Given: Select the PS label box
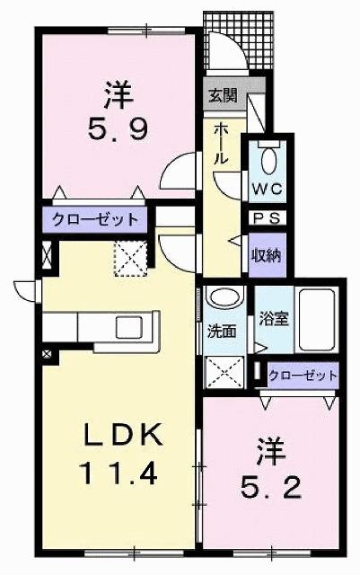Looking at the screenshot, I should click(266, 218).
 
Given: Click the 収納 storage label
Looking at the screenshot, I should click(267, 253).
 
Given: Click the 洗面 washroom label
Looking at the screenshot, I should click(223, 331).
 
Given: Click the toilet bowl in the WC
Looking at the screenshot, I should click(268, 162).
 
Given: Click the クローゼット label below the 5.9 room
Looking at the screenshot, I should click(94, 219).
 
